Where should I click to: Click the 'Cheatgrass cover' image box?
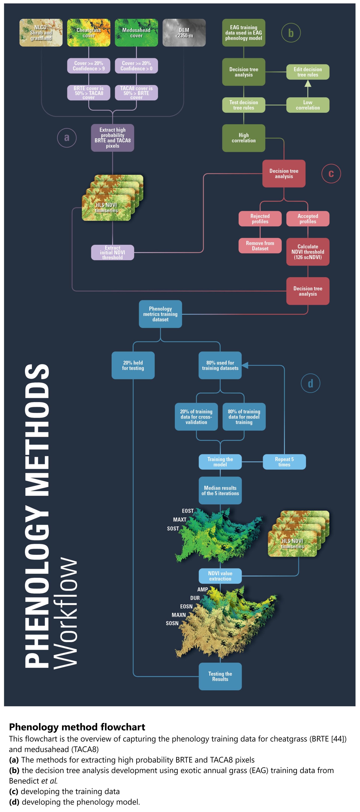89,33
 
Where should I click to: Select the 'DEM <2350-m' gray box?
184,33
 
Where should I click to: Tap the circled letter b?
291,33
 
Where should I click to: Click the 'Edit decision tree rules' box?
308,72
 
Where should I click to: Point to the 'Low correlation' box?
308,105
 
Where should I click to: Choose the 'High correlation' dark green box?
243,138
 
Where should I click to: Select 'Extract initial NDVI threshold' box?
113,253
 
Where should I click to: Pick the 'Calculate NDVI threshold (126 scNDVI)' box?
308,252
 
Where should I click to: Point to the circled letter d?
310,383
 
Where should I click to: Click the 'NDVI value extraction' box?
220,576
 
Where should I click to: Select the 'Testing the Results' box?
220,676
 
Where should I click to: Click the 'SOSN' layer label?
172,623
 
